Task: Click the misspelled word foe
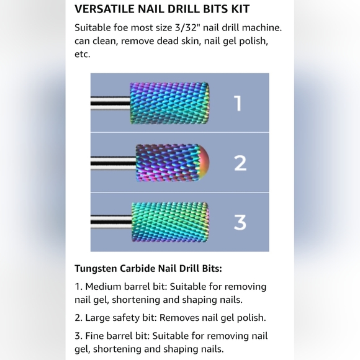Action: tap(120, 28)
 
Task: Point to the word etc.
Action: tap(83, 55)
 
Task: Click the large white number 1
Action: tap(238, 103)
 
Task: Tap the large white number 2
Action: tap(240, 163)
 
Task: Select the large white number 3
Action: tap(240, 222)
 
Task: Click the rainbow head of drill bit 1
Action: tap(169, 103)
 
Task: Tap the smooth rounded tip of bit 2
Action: tap(204, 163)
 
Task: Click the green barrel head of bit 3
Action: tap(170, 222)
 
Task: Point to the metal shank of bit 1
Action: tap(110, 103)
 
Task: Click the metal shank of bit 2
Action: tap(114, 163)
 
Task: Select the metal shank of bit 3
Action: tap(111, 222)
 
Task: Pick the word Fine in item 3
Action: tap(94, 336)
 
